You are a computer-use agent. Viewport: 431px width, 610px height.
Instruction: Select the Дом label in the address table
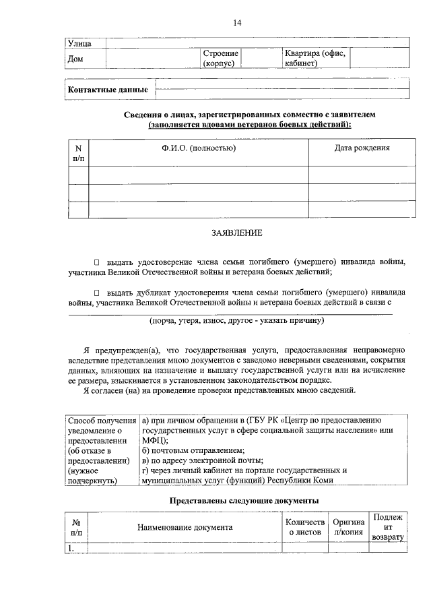76,59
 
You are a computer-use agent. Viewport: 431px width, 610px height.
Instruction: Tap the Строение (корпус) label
220,59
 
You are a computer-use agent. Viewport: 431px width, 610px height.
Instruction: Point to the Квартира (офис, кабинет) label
315,59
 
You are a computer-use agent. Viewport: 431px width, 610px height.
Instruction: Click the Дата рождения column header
362,148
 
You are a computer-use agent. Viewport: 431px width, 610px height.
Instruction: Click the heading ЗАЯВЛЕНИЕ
236,233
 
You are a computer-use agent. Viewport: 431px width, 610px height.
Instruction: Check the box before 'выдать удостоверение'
96,261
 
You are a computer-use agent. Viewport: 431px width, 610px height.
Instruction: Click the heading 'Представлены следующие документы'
243,501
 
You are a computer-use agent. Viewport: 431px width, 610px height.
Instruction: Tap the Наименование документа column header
185,528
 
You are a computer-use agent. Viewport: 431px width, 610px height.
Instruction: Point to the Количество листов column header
305,528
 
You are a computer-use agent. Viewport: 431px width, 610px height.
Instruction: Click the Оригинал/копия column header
348,528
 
